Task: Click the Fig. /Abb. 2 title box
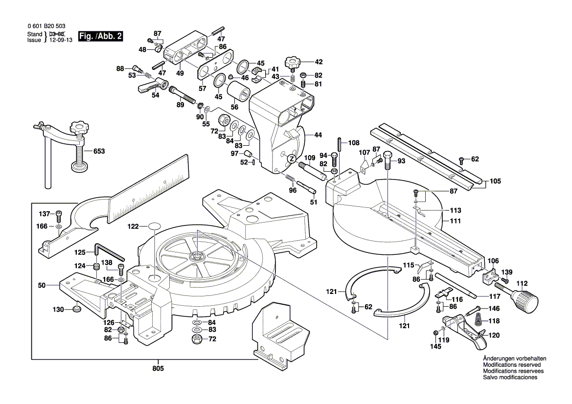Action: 101,36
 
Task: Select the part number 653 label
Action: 99,152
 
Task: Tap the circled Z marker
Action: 291,158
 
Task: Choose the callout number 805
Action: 158,368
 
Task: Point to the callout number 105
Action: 495,181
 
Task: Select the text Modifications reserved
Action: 512,365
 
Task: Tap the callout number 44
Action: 318,135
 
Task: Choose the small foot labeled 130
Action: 76,309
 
